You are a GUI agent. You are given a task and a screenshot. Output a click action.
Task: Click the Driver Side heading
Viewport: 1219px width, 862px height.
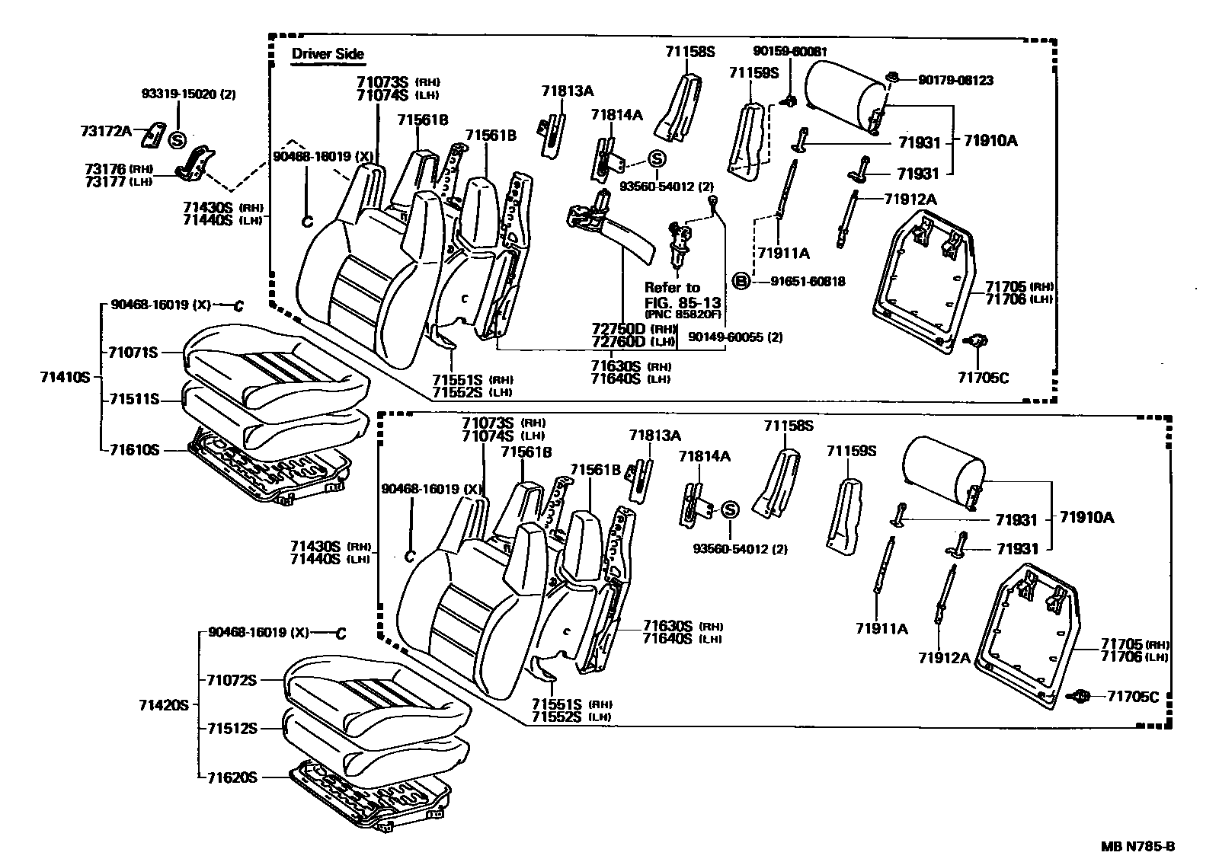tap(328, 54)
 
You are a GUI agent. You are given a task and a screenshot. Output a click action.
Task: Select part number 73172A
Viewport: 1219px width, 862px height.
tap(106, 130)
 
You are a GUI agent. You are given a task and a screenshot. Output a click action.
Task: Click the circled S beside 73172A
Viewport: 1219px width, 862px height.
tap(177, 140)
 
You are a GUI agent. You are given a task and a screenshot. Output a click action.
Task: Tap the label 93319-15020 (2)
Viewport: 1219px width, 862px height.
tap(189, 94)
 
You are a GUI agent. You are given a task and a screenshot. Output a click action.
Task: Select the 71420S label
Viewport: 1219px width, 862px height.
tap(163, 705)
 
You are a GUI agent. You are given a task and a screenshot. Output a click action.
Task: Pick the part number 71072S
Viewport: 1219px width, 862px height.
tap(232, 680)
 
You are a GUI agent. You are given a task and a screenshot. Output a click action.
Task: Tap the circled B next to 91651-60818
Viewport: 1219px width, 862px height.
tap(740, 281)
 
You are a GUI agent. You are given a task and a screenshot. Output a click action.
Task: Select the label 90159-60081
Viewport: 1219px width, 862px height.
tap(789, 51)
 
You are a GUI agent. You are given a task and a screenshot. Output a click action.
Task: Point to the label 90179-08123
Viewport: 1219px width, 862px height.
tap(955, 80)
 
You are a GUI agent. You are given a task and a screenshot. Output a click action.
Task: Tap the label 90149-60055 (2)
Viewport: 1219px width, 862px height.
tap(734, 337)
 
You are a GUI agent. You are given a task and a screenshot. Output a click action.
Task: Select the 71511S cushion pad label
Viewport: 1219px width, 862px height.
tap(133, 399)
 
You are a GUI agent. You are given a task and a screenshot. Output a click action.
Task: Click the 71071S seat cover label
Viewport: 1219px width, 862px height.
tap(133, 352)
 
